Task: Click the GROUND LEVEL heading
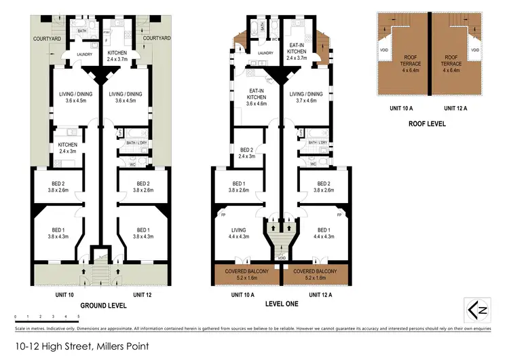tap(100, 305)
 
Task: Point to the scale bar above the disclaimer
tap(47, 316)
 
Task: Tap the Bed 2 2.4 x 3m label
tap(247, 152)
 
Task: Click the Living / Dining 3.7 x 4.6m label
tap(307, 98)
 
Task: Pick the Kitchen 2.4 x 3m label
tap(67, 147)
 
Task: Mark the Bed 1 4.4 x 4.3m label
tap(324, 233)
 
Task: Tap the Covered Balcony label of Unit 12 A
tap(316, 274)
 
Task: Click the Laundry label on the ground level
tap(85, 55)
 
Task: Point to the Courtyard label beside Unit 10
tap(48, 39)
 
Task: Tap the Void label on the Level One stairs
tap(281, 259)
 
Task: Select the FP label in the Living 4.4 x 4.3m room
tap(223, 215)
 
